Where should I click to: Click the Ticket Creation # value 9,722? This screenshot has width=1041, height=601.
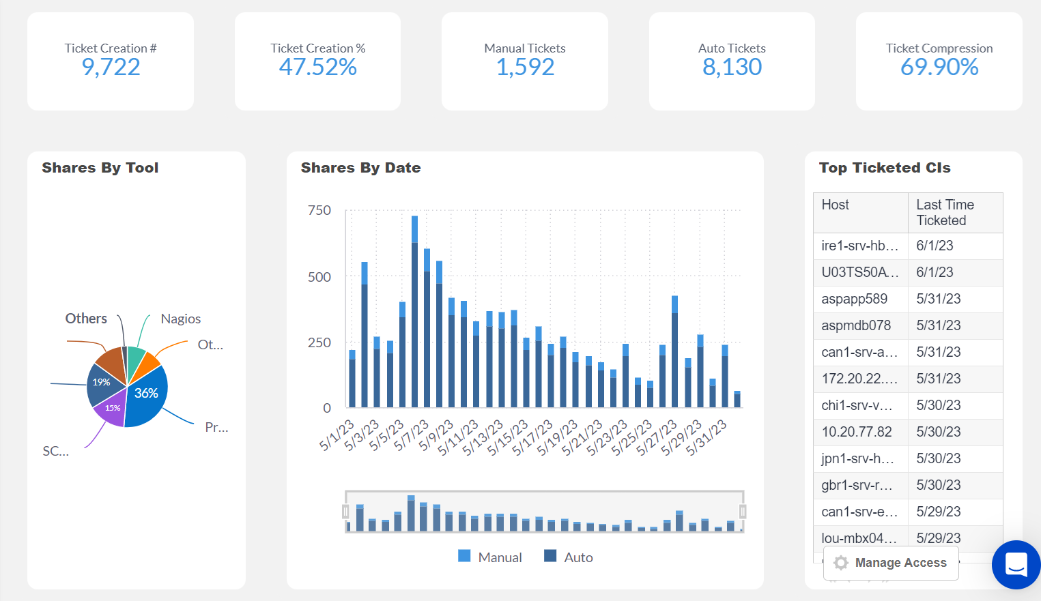(111, 67)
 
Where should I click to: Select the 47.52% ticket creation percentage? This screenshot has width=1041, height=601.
(317, 67)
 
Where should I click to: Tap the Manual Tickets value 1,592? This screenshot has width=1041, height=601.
(525, 67)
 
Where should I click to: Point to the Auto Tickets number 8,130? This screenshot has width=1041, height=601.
(732, 67)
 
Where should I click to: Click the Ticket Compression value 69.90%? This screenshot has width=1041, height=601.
(939, 67)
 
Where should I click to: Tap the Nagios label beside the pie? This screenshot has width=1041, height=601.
(180, 319)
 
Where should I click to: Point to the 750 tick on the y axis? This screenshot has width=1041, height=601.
(319, 210)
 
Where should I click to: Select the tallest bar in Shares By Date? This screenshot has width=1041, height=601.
(414, 314)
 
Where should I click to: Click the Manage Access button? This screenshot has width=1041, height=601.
(891, 563)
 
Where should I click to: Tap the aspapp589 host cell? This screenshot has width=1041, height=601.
(854, 299)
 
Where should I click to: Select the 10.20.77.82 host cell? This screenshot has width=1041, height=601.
(856, 432)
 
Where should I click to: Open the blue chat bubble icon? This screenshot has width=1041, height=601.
(1016, 565)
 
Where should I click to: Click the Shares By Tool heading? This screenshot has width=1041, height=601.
(100, 168)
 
